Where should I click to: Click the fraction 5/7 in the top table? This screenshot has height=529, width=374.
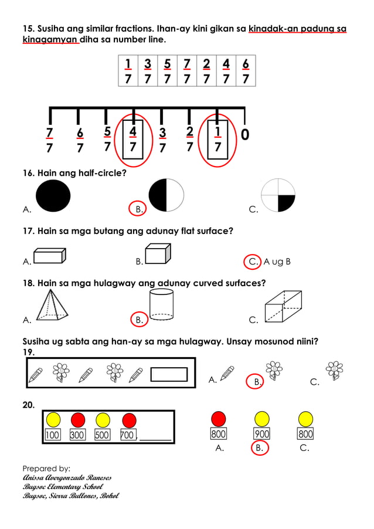pos(167,71)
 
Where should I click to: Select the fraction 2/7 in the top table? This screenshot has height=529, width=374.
pos(206,71)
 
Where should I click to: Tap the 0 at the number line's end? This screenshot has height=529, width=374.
pos(244,135)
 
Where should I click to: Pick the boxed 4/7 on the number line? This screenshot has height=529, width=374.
pos(133,138)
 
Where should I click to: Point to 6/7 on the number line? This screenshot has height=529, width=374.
pos(80,140)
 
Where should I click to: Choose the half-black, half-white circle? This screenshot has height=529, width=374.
pos(166,195)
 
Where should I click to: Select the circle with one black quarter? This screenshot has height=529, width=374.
pos(278,195)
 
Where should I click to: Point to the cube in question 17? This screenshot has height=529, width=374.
pos(158,253)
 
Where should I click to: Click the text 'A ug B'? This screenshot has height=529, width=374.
pos(277,262)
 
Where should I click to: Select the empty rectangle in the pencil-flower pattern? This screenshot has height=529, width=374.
pos(169,374)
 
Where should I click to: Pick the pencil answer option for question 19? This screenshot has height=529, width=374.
pos(227,373)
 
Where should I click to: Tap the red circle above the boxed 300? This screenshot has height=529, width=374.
pos(78,419)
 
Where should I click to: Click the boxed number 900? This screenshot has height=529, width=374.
pos(261,435)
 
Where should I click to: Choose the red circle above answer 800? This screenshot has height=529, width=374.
pos(219,419)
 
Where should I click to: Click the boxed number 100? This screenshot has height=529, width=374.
pos(53,435)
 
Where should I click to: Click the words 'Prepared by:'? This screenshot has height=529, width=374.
pos(46,468)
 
